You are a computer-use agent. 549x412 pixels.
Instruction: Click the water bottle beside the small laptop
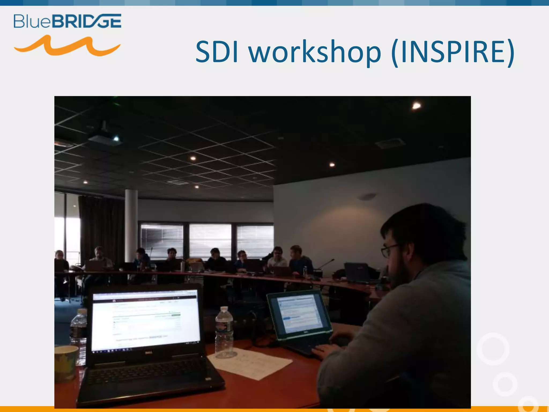(224, 333)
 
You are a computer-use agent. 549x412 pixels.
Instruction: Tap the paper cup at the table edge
(66, 362)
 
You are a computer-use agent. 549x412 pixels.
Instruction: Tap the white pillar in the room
(131, 225)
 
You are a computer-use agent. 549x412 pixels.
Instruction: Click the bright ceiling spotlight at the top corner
(416, 106)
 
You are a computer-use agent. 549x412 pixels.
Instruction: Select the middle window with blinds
(210, 240)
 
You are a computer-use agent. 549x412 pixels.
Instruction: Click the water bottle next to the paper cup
(79, 335)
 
